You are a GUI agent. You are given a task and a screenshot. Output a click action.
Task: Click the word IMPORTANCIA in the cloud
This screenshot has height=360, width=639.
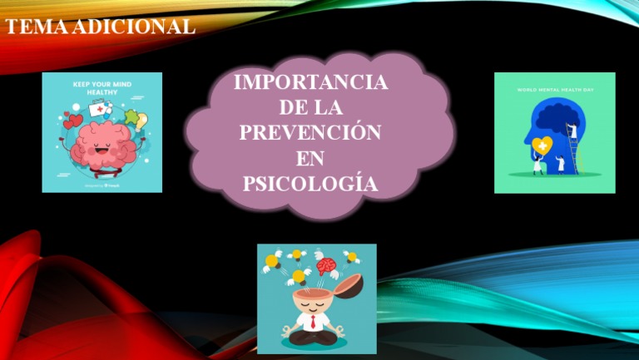[x=310, y=83]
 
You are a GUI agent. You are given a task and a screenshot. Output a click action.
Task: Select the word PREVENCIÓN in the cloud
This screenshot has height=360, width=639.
[x=310, y=133]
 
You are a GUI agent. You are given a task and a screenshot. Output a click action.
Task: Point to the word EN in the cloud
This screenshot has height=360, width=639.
[x=310, y=158]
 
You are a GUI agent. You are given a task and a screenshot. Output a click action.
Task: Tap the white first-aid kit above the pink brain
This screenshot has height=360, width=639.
[x=99, y=108]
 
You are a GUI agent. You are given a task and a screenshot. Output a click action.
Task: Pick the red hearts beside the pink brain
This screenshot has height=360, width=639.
[x=73, y=123]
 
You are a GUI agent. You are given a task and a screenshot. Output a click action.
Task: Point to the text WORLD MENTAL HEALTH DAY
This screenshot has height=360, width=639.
[x=554, y=88]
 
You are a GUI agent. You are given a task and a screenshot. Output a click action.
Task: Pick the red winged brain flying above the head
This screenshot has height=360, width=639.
[x=326, y=266]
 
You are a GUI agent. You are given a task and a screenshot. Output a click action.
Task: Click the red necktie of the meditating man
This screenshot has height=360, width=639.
[x=315, y=319]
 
